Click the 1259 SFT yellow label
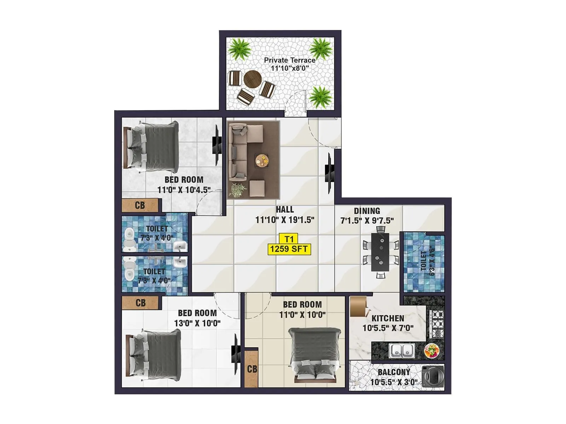point(289,249)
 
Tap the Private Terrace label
point(290,60)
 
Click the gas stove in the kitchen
point(437,324)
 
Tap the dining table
point(380,252)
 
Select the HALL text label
point(285,210)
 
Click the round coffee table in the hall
point(262,160)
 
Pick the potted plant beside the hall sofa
point(238,189)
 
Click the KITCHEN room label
point(388,318)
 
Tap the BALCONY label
point(394,372)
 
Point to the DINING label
point(367,211)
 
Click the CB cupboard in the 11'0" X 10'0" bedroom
point(252,369)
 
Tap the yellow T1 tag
point(289,239)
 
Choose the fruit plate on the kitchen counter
point(432,351)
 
